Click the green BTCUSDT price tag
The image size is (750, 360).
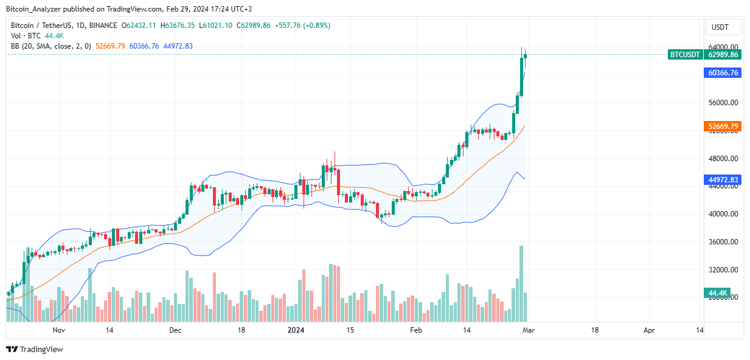(684, 54)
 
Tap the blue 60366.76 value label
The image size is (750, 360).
(723, 73)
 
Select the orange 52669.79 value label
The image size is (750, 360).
(723, 126)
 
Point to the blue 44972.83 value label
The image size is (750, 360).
(723, 180)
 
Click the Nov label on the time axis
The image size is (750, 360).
(59, 330)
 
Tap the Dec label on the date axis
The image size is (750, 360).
(175, 330)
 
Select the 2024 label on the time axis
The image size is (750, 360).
(296, 330)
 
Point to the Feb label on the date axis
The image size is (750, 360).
(416, 330)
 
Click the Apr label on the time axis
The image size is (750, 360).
(649, 330)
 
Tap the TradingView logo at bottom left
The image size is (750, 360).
(35, 349)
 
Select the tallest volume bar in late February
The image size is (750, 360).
(521, 283)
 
